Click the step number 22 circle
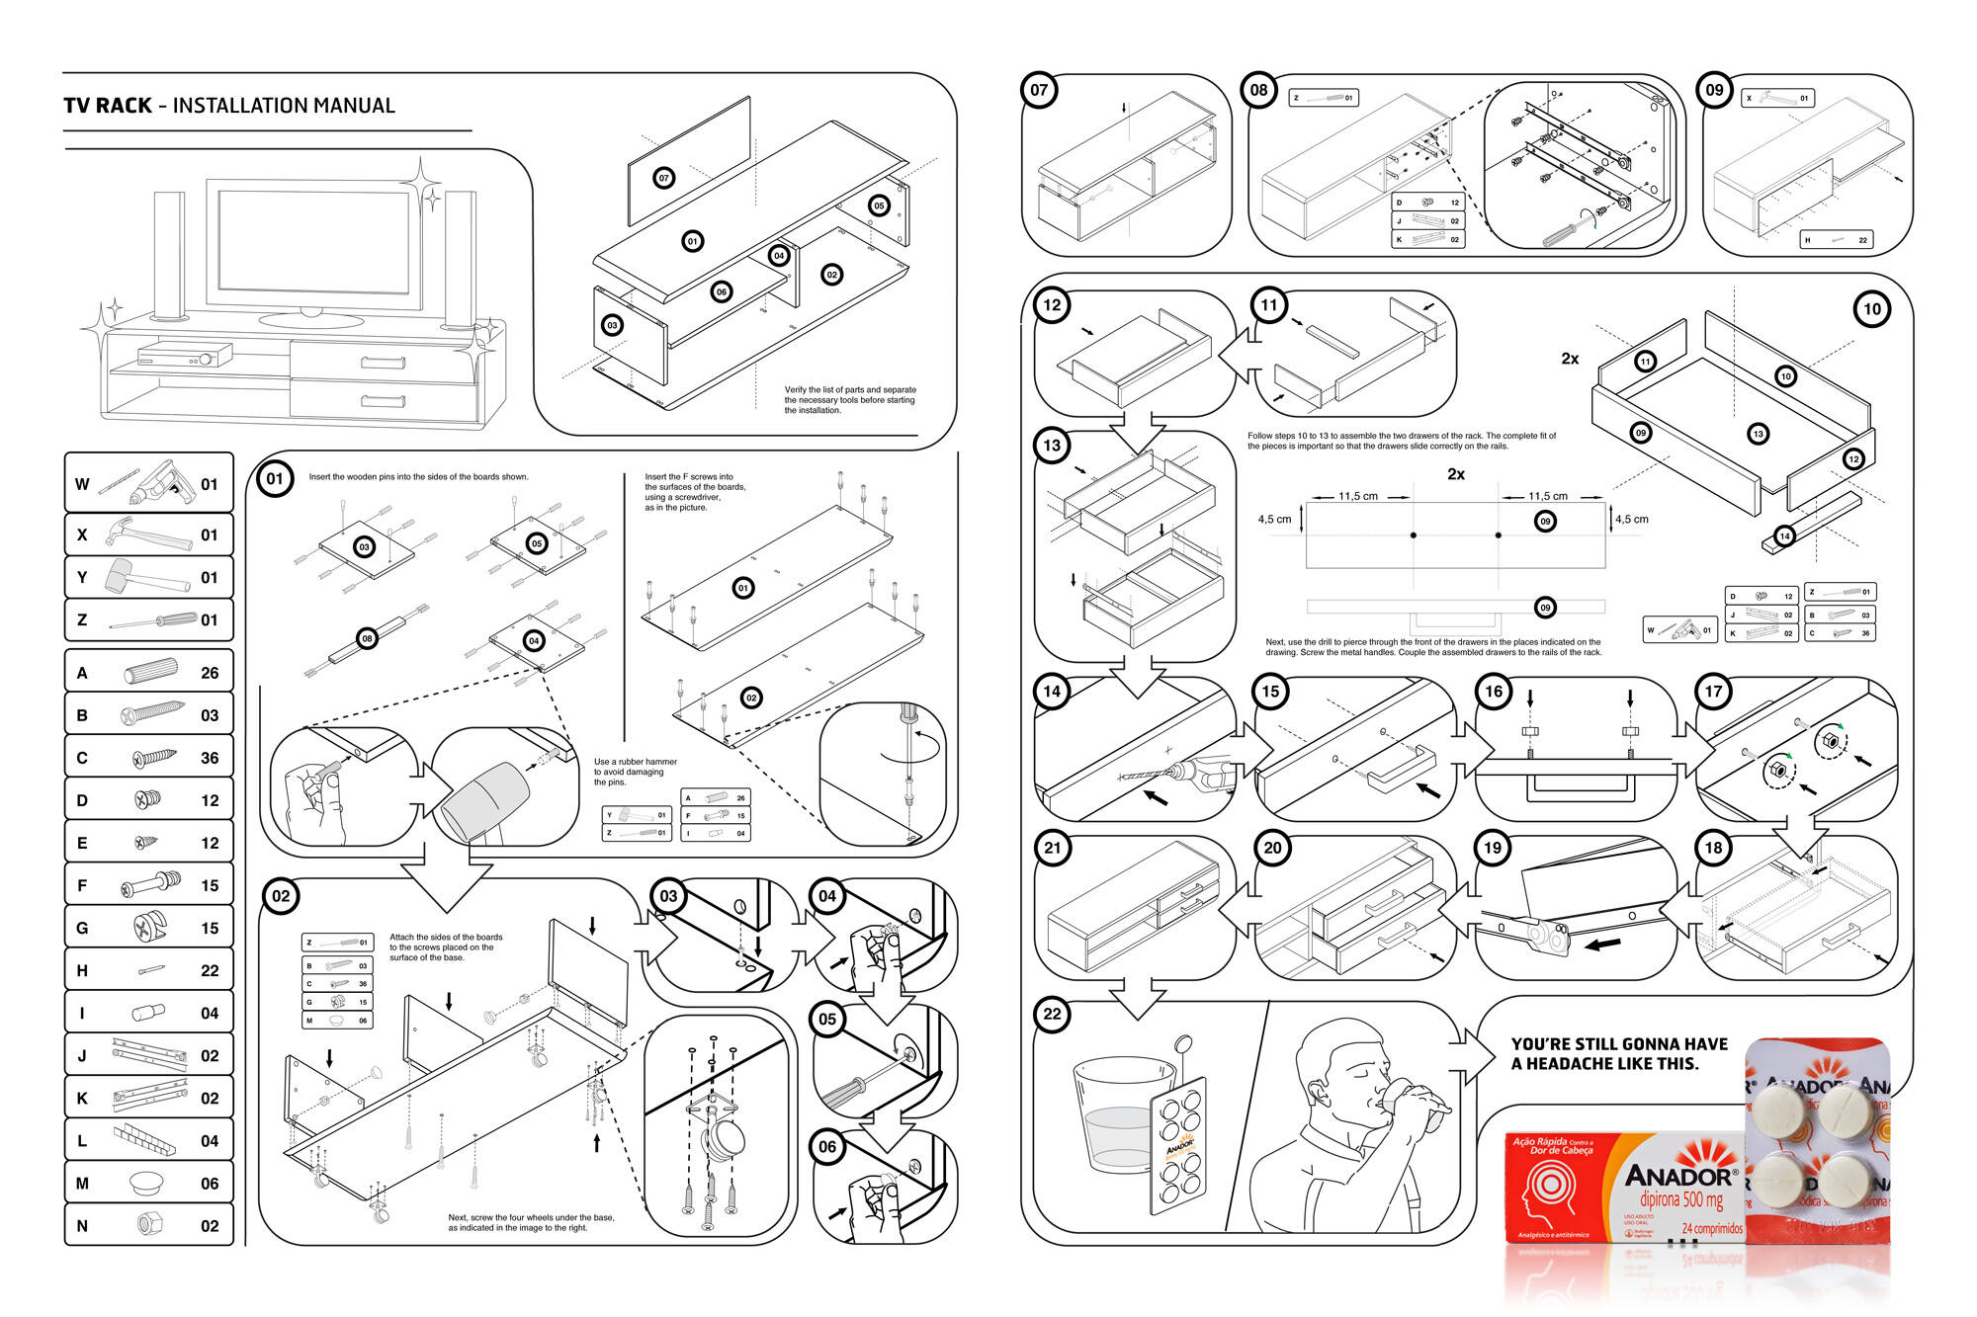pyautogui.click(x=1052, y=1014)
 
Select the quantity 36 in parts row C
pyautogui.click(x=210, y=758)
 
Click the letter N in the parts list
pyautogui.click(x=82, y=1226)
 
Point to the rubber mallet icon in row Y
pyautogui.click(x=146, y=576)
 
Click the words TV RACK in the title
pyautogui.click(x=108, y=106)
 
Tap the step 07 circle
pyautogui.click(x=1039, y=90)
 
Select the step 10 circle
pyautogui.click(x=1871, y=308)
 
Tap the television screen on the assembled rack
pyautogui.click(x=312, y=241)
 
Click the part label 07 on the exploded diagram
pyautogui.click(x=663, y=178)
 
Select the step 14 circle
pyautogui.click(x=1052, y=692)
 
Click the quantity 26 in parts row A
pyautogui.click(x=210, y=673)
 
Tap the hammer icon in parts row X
pyautogui.click(x=148, y=534)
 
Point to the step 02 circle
pyautogui.click(x=281, y=896)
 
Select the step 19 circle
pyautogui.click(x=1493, y=848)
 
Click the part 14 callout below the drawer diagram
pyautogui.click(x=1784, y=536)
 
